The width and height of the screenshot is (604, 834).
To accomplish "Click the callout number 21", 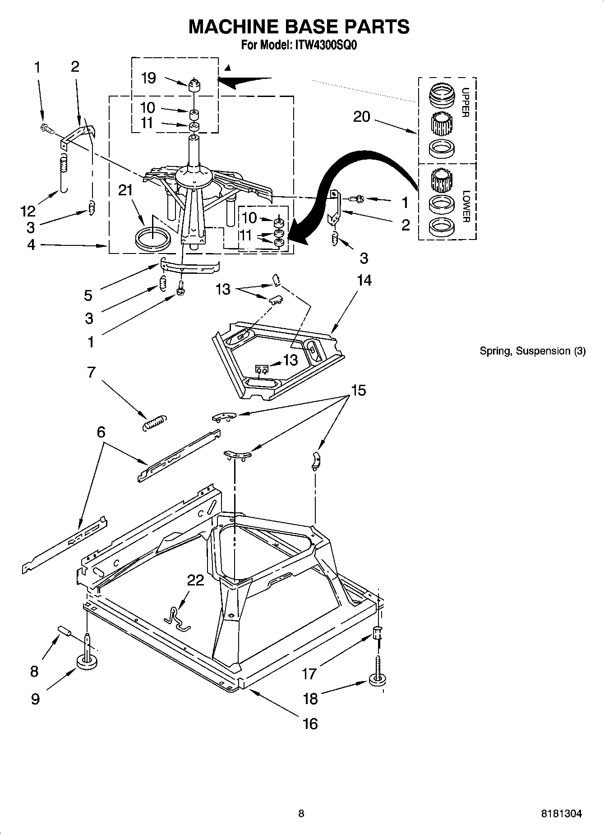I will pos(125,190).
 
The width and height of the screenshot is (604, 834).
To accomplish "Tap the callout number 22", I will pos(195,580).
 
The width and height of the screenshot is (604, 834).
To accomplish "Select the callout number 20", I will pos(362,117).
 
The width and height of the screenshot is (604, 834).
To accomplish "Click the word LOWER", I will pos(466,206).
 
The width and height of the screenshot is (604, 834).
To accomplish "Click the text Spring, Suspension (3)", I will pos(532,351).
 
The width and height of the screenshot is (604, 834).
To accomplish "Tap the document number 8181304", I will pos(561,814).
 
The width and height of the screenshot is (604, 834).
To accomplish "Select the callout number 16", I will pos(311,723).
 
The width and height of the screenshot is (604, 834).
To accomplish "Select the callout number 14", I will pos(364,280).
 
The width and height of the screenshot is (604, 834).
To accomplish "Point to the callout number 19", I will pos(148,78).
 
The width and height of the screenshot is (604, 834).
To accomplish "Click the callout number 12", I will pos(28,211).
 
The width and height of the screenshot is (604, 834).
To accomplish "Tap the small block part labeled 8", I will pos(64,631).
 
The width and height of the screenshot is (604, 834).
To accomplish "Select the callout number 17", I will pos(309,674).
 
